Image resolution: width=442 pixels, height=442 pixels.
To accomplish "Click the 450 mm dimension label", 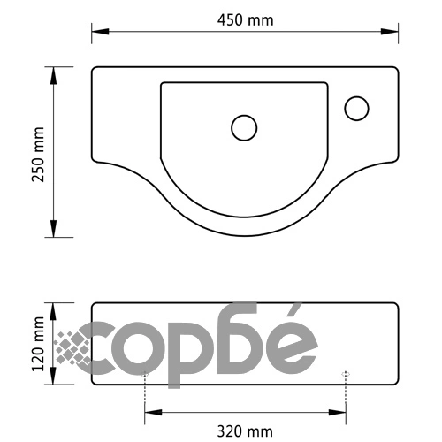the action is click(246, 20).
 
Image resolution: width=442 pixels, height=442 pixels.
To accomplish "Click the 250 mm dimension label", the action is click(38, 155).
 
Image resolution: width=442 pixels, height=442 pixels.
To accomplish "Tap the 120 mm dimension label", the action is click(38, 344).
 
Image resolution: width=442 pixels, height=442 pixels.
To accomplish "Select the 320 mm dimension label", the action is click(245, 431).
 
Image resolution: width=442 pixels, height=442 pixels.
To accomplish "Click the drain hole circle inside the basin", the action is click(244, 128).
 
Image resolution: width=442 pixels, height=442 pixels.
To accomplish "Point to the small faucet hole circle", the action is click(356, 109).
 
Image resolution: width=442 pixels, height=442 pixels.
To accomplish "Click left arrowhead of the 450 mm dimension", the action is click(100, 32).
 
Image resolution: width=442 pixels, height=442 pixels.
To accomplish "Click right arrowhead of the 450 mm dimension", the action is click(390, 32).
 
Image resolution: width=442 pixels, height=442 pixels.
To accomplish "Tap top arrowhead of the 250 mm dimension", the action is click(53, 76).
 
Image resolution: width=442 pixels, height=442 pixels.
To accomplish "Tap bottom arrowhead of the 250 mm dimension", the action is click(53, 228).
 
